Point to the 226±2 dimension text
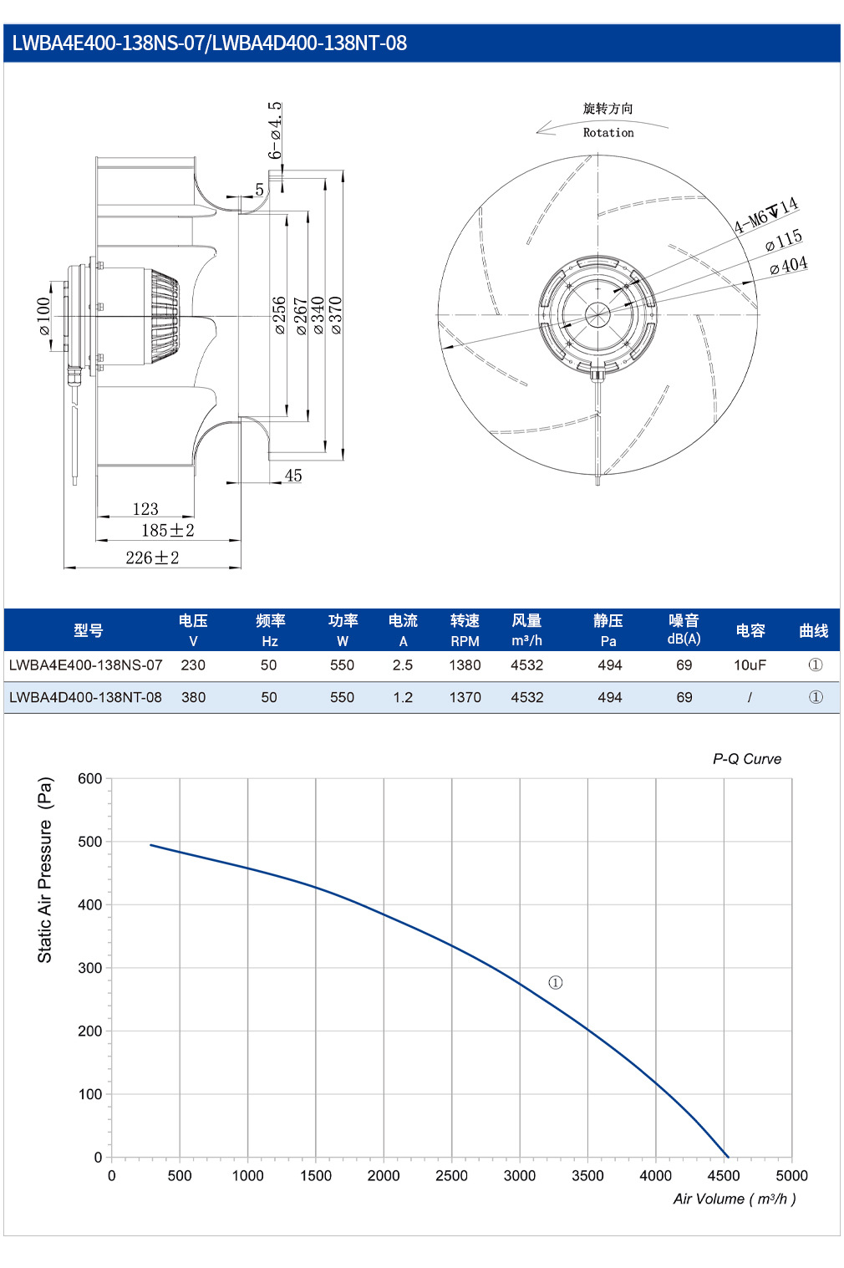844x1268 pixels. coord(152,558)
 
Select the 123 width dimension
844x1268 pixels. coord(145,509)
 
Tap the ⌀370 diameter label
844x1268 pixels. coord(336,315)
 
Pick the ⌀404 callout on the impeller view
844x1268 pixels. coord(789,265)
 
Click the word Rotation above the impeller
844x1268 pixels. coord(608,132)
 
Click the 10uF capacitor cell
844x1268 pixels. coord(750,665)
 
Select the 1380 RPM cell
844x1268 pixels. coord(465,665)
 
